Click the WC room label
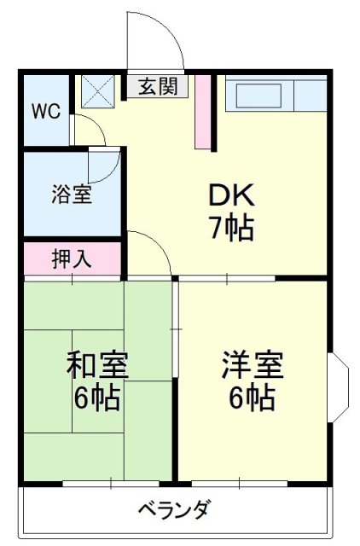pyautogui.click(x=46, y=112)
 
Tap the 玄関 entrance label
pyautogui.click(x=158, y=86)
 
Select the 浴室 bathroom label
pyautogui.click(x=72, y=195)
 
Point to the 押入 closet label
pyautogui.click(x=72, y=258)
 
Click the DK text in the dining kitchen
pyautogui.click(x=231, y=195)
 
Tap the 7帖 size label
pyautogui.click(x=232, y=228)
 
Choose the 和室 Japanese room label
pyautogui.click(x=98, y=365)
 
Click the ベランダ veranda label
pyautogui.click(x=175, y=509)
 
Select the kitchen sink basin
pyautogui.click(x=259, y=96)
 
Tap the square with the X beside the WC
pyautogui.click(x=98, y=91)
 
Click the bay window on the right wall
pyautogui.click(x=339, y=387)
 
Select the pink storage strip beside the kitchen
pyautogui.click(x=203, y=112)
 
